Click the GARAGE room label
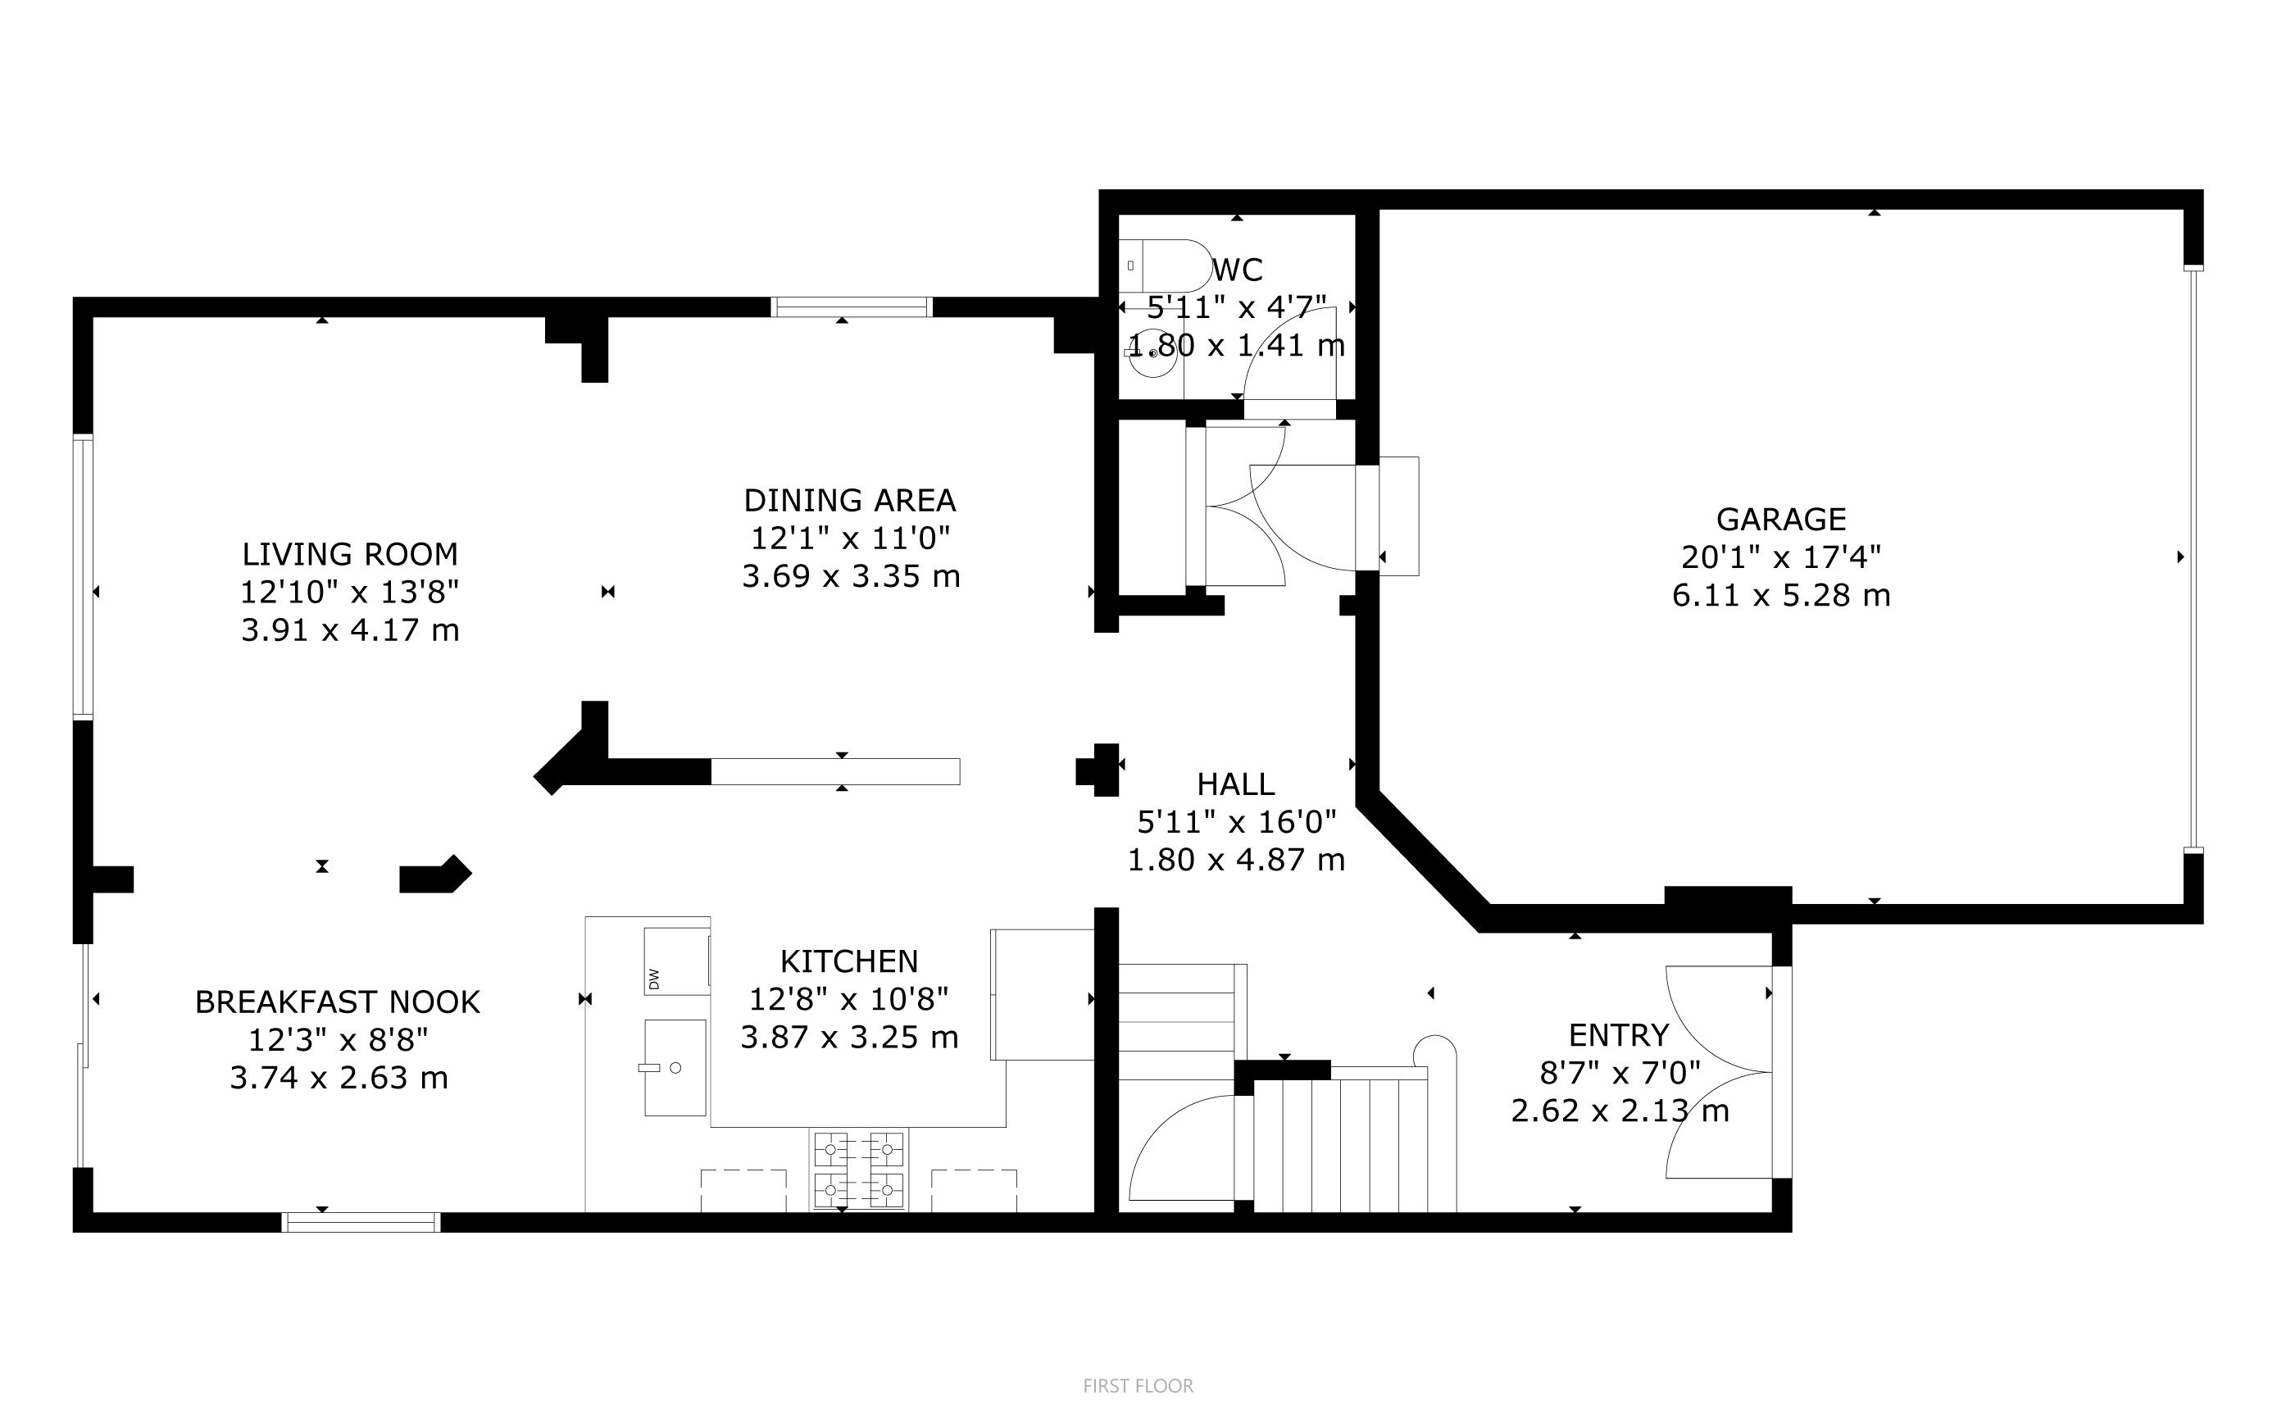tap(1780, 519)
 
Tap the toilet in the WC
tap(1166, 266)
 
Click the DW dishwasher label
tap(653, 979)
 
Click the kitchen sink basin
tap(675, 1067)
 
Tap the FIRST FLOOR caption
tap(1138, 1385)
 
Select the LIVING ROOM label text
tap(350, 554)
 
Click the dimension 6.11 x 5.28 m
tap(1780, 595)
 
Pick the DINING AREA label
tap(849, 499)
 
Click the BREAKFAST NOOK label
tap(338, 1002)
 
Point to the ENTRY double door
tap(1718, 1072)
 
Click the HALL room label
tap(1236, 784)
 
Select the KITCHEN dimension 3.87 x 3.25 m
tap(849, 1038)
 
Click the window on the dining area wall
tap(851, 307)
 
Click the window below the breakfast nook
tap(361, 1222)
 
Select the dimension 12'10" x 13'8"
tap(350, 593)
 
